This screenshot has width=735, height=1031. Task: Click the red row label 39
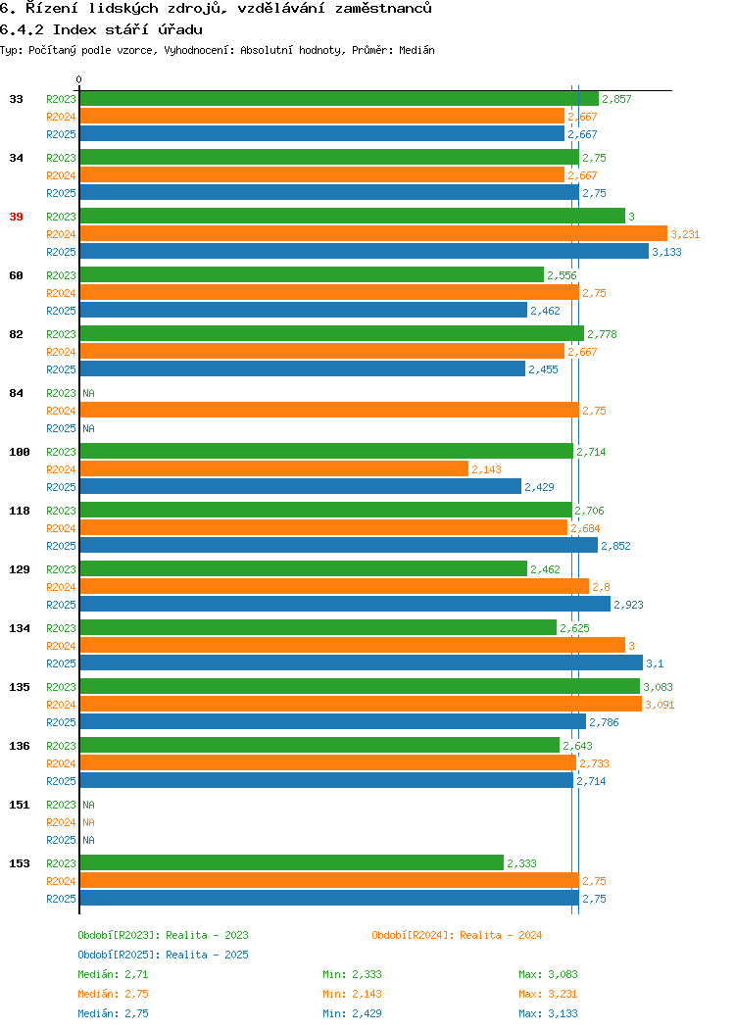point(16,217)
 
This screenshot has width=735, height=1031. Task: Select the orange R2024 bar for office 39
point(373,233)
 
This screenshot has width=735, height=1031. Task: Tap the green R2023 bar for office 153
point(292,862)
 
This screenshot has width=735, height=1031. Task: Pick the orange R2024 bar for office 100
point(274,468)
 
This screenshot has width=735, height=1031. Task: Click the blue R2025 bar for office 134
point(362,663)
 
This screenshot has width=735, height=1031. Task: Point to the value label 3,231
point(685,234)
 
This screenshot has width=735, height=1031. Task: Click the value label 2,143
point(486,469)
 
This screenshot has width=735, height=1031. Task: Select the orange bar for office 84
point(329,411)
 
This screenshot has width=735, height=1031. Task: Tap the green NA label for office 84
point(89,393)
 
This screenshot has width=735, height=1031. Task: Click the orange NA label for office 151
point(89,822)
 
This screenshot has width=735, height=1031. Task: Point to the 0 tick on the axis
point(79,79)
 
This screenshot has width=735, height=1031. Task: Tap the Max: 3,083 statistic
point(548,974)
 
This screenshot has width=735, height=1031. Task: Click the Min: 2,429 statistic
point(353,1014)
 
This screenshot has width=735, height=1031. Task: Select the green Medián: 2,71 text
point(113,974)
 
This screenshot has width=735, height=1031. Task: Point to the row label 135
point(19,687)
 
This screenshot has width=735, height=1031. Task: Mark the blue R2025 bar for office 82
point(303,368)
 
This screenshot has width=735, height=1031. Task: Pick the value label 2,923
point(628,605)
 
